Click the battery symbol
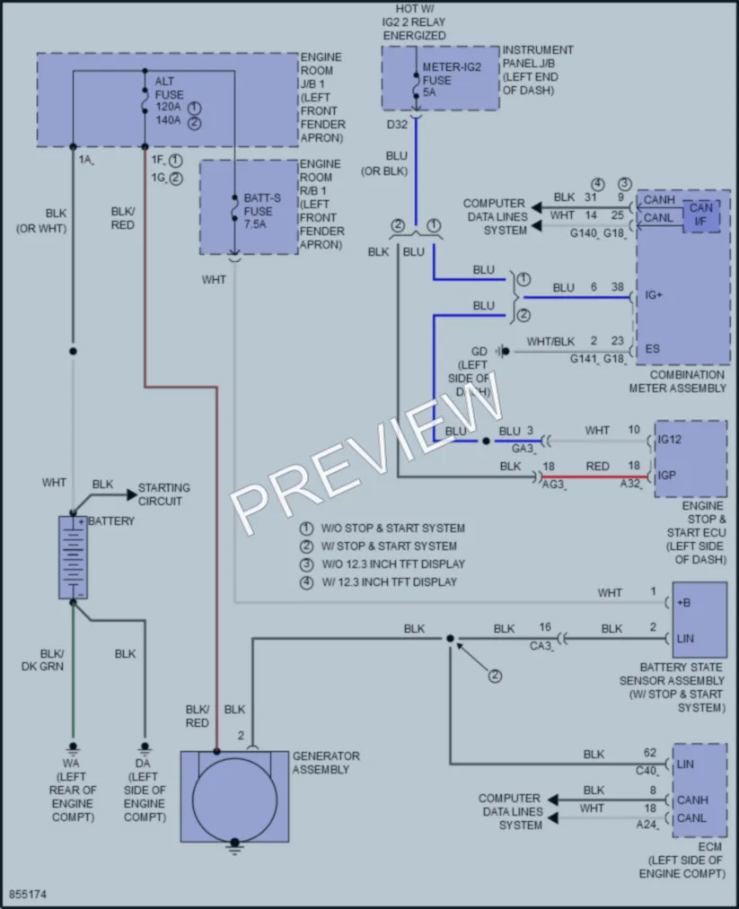73,557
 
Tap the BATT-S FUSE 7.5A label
262,211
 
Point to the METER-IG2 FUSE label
452,74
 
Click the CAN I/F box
701,214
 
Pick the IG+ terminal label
654,295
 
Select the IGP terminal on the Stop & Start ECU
666,476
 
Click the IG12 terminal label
669,440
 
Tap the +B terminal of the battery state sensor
683,603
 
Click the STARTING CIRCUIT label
164,494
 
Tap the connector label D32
397,125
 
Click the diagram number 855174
27,895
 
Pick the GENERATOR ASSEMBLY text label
326,763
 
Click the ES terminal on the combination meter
653,349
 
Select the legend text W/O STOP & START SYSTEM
393,529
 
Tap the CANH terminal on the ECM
692,800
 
